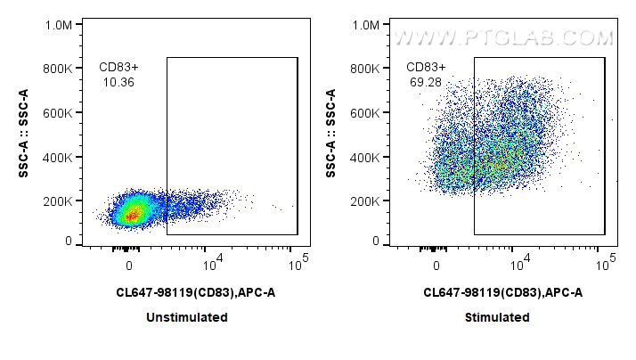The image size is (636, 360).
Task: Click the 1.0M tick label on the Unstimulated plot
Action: (58, 26)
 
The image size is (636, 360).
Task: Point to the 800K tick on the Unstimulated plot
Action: (57, 69)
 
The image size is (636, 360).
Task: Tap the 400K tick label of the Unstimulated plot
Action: (57, 157)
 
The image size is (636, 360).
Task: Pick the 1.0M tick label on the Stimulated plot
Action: (365, 26)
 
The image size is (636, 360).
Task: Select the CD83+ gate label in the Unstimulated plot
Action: (118, 67)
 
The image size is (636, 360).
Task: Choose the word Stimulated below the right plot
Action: (497, 317)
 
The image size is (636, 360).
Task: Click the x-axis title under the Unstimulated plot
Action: (190, 291)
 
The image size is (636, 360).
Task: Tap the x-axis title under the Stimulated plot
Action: (497, 291)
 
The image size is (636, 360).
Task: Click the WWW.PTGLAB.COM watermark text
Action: (503, 38)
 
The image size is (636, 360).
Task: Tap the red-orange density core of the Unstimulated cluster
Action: (131, 214)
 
